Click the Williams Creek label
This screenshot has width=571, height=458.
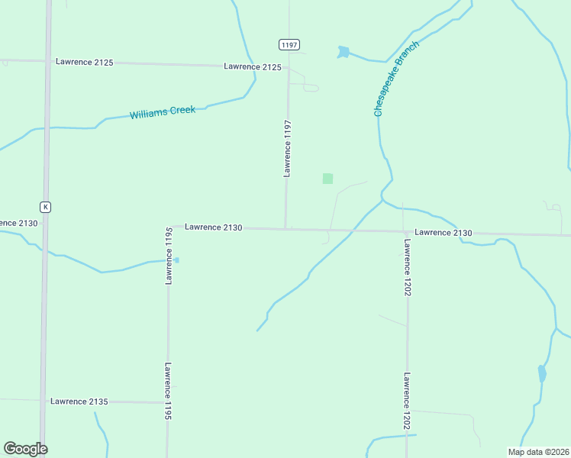pyautogui.click(x=163, y=112)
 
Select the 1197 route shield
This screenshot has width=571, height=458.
pyautogui.click(x=289, y=45)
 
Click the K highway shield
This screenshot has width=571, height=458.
pyautogui.click(x=46, y=207)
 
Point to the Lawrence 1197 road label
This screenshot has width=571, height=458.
pyautogui.click(x=288, y=148)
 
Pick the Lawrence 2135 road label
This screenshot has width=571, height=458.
pyautogui.click(x=79, y=402)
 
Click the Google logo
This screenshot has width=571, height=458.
pyautogui.click(x=25, y=449)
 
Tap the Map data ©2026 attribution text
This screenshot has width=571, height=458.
pyautogui.click(x=537, y=452)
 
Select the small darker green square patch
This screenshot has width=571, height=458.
pyautogui.click(x=327, y=179)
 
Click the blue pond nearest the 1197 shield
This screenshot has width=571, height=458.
pyautogui.click(x=344, y=53)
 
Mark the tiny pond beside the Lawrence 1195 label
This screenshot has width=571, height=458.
pyautogui.click(x=176, y=260)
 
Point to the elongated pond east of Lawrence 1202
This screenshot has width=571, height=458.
pyautogui.click(x=542, y=373)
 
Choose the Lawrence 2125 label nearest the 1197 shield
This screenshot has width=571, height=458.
pyautogui.click(x=253, y=67)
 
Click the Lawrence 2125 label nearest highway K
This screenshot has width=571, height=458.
pyautogui.click(x=85, y=62)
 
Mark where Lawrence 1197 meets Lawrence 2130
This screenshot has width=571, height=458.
pyautogui.click(x=286, y=228)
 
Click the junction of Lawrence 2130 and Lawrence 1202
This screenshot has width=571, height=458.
pyautogui.click(x=405, y=231)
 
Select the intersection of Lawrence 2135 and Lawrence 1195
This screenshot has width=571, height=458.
pyautogui.click(x=167, y=402)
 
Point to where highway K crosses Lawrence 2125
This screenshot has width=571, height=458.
pyautogui.click(x=47, y=61)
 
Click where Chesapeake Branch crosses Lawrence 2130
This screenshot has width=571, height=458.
pyautogui.click(x=352, y=230)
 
